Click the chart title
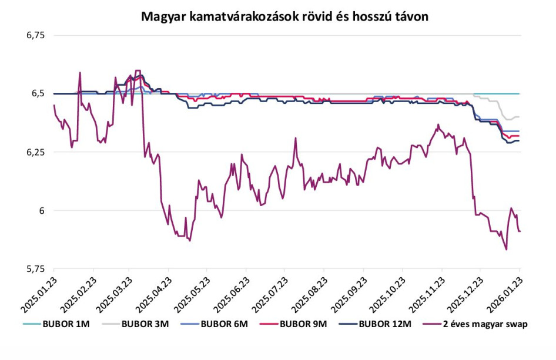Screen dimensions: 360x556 [284, 16]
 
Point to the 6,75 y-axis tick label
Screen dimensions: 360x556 [35, 36]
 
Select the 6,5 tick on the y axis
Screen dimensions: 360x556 [38, 94]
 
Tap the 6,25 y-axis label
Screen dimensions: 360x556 [35, 152]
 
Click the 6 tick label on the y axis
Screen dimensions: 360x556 [42, 210]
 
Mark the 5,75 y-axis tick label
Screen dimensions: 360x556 [35, 269]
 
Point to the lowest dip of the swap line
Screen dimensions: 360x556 [506, 250]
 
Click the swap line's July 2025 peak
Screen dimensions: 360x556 [296, 138]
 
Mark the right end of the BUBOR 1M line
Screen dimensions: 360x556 [520, 93]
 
